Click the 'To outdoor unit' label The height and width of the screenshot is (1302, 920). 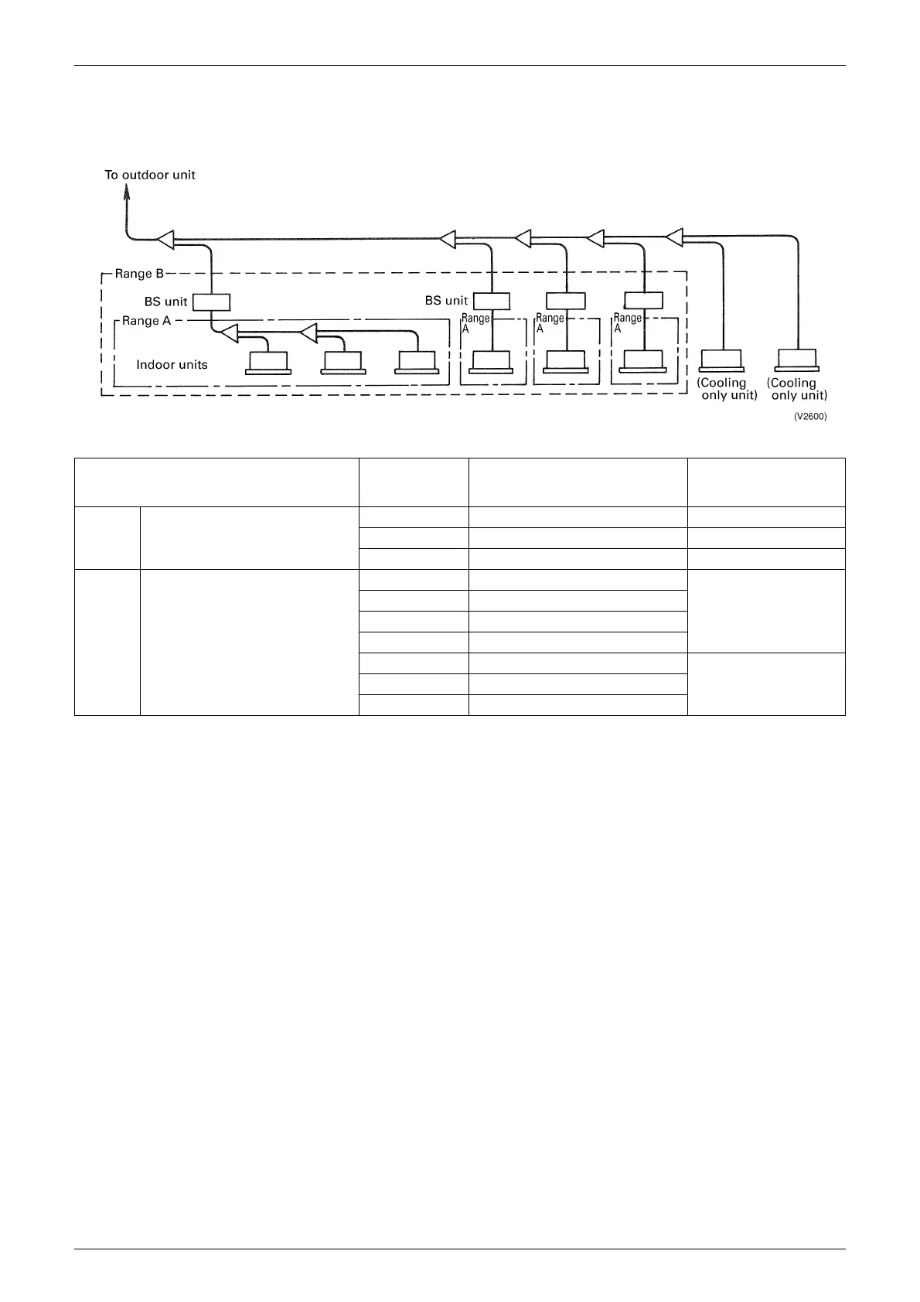[x=150, y=175]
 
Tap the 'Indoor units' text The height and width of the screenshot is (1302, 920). [x=172, y=364]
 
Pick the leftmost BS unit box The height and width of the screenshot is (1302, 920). [x=211, y=302]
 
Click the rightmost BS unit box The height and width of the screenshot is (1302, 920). [x=643, y=300]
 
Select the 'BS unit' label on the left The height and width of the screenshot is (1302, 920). [x=165, y=302]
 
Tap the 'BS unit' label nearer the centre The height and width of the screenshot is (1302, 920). [x=446, y=300]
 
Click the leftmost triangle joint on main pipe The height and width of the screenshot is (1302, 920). [x=166, y=240]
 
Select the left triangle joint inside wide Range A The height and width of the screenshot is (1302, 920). [x=228, y=334]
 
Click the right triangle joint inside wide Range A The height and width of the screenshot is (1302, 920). [x=308, y=333]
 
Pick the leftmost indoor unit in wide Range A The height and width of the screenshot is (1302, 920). [x=268, y=363]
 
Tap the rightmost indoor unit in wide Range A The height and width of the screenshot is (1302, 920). [x=417, y=362]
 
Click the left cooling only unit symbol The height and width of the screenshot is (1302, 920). [x=721, y=360]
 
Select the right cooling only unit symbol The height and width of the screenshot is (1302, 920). [x=799, y=360]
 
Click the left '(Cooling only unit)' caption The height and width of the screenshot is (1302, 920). [x=727, y=389]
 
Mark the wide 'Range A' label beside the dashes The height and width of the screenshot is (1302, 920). [x=146, y=321]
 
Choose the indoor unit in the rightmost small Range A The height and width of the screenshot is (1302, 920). [x=643, y=361]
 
